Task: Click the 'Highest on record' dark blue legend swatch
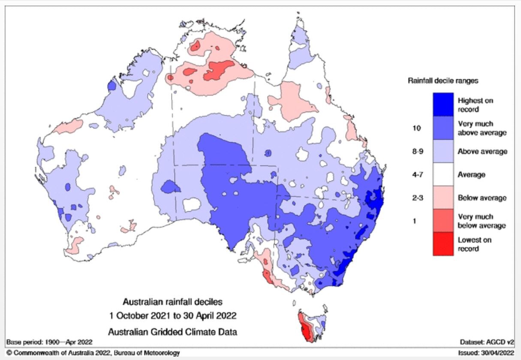[443, 105]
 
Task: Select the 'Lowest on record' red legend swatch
[443, 244]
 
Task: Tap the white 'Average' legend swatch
[443, 174]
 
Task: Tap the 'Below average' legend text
[482, 198]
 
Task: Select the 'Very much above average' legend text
[482, 128]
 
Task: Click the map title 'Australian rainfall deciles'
[173, 302]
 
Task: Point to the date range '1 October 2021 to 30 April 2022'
[172, 316]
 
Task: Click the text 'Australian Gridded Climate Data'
[172, 331]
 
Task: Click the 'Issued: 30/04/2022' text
[485, 353]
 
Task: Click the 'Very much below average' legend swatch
[443, 221]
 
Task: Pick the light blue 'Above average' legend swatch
[443, 151]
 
